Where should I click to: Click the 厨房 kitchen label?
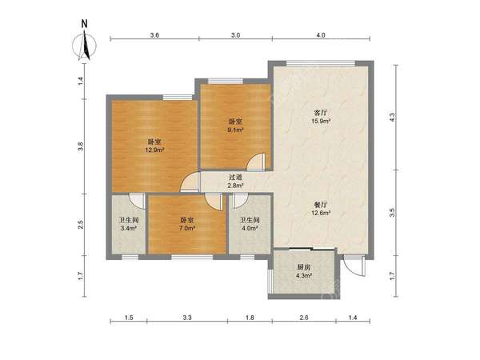click(304, 267)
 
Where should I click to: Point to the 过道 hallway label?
click(236, 178)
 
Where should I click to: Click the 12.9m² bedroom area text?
click(154, 150)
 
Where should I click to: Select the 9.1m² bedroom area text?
click(235, 130)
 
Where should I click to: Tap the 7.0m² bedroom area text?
click(186, 228)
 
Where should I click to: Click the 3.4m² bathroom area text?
click(129, 228)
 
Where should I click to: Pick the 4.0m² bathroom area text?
click(250, 228)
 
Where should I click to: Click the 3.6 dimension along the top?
click(154, 35)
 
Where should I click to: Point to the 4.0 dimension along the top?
click(321, 35)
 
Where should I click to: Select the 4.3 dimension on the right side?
click(392, 117)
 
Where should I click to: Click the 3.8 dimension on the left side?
click(81, 147)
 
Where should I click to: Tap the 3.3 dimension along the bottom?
click(187, 318)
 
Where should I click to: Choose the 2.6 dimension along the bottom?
click(304, 318)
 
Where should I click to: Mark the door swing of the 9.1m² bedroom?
click(256, 162)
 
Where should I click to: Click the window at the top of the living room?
click(321, 63)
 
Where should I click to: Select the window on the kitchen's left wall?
click(270, 281)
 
